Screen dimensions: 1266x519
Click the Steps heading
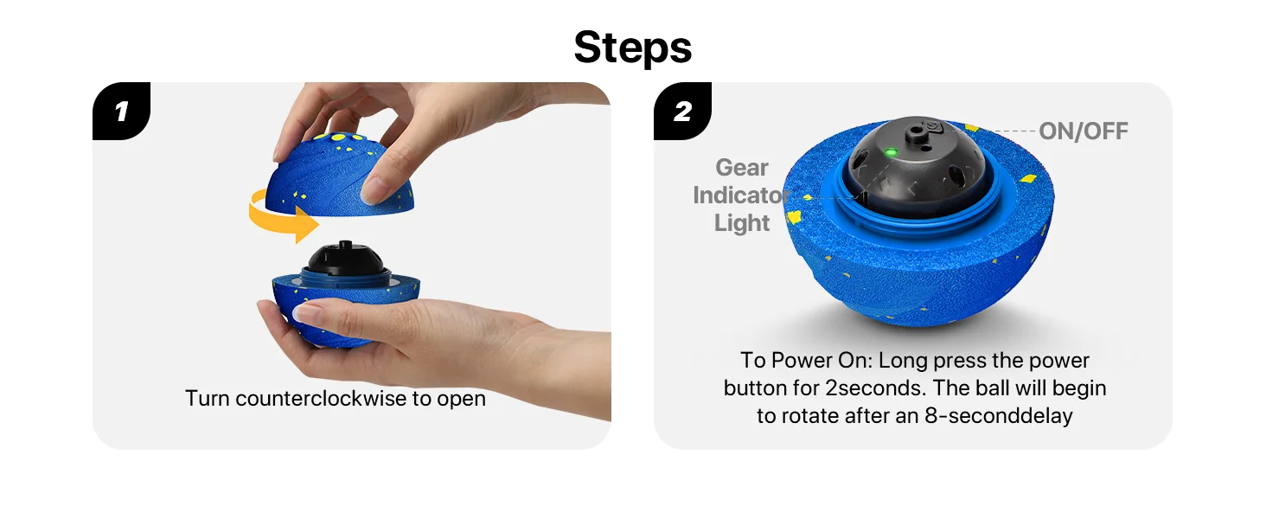632,48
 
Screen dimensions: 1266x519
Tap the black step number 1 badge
122,111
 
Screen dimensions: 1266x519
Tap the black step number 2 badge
682,111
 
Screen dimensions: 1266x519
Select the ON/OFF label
1084,131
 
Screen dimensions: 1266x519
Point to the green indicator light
891,152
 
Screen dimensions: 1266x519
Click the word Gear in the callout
741,167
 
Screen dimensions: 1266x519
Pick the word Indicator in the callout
741,195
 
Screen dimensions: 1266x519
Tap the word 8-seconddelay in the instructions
999,416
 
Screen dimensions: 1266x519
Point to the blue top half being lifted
339,176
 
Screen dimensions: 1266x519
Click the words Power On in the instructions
831,361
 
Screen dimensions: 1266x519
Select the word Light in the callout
741,223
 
